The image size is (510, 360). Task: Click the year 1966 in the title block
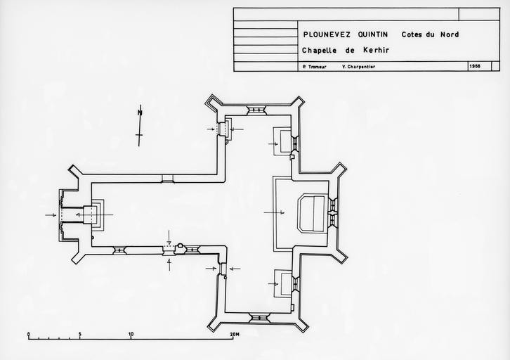point(475,67)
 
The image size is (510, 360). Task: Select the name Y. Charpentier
point(359,67)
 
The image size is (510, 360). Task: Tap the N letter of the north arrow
point(140,112)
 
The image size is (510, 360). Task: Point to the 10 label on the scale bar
point(131,334)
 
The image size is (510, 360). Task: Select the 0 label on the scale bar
point(29,334)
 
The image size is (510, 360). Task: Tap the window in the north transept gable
point(257,110)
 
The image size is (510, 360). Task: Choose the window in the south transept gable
point(260,317)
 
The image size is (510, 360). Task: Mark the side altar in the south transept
point(285,284)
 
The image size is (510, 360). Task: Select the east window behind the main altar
point(333,212)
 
